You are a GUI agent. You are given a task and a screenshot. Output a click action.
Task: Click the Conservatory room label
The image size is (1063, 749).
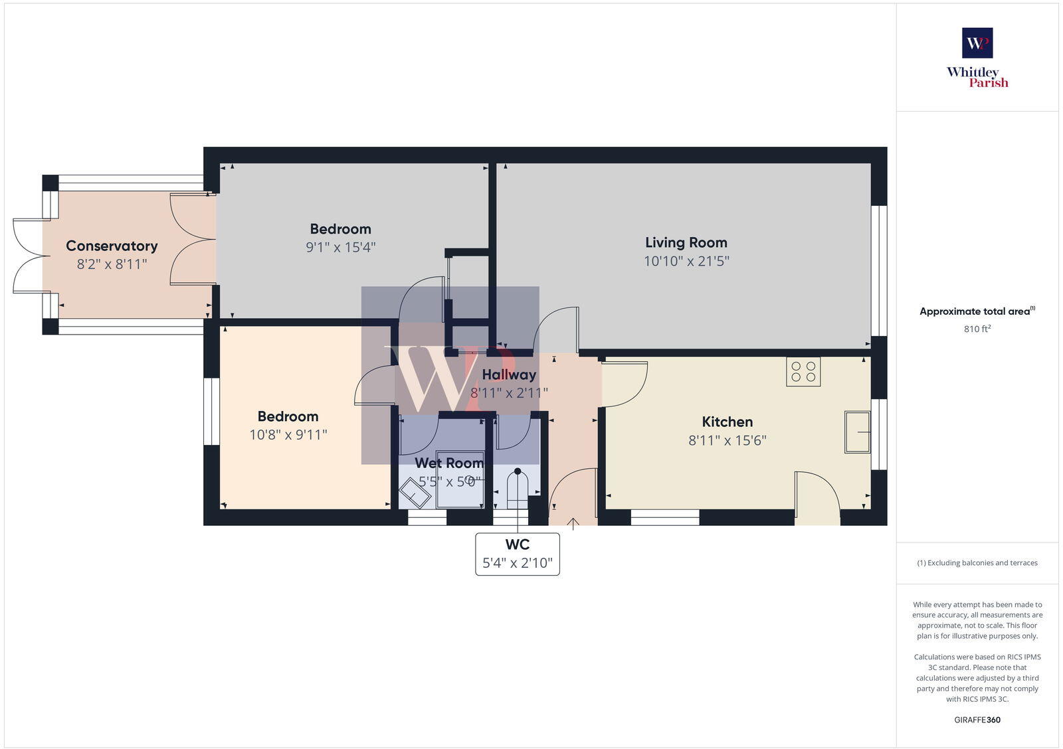112,246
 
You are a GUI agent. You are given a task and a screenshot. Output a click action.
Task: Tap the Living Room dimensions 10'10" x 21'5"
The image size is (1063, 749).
686,261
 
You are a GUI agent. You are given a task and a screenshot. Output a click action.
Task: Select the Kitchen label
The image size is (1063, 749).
727,422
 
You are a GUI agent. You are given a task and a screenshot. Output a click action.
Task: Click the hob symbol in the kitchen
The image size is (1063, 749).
803,372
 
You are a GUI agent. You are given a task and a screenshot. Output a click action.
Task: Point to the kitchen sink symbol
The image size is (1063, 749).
858,432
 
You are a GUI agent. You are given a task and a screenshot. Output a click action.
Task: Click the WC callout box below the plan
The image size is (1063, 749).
518,554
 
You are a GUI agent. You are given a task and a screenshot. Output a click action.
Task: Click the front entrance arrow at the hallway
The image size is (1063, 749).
573,524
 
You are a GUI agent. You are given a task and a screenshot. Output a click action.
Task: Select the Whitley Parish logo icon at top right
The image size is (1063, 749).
977,43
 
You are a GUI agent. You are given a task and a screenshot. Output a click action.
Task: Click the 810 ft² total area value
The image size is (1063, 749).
977,329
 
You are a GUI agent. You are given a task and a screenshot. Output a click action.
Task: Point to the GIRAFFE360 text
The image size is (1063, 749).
977,720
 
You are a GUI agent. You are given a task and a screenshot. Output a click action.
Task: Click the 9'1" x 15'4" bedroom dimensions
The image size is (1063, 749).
341,247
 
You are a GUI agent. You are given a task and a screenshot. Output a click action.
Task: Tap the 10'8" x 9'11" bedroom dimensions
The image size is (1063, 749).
288,434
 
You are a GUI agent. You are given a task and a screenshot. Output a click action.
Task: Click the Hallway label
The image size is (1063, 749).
509,374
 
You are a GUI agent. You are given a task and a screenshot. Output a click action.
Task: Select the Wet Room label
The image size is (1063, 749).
449,463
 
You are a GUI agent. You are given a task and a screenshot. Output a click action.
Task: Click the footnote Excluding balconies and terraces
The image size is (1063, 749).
977,562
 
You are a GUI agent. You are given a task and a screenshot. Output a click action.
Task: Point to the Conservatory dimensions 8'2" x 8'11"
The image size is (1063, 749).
112,264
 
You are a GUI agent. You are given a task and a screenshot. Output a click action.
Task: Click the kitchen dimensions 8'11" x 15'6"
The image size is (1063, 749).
727,440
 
